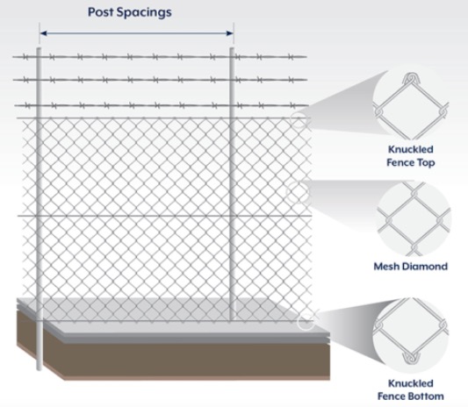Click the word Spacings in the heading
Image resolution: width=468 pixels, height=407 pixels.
pyautogui.click(x=144, y=13)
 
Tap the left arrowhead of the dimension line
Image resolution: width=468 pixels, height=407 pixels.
pyautogui.click(x=44, y=33)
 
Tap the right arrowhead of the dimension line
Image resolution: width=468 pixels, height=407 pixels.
pyautogui.click(x=229, y=33)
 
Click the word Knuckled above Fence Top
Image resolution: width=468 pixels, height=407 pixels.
pyautogui.click(x=410, y=149)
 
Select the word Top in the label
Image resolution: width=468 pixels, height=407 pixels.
pyautogui.click(x=424, y=163)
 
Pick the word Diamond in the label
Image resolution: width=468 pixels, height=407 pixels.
pyautogui.click(x=424, y=267)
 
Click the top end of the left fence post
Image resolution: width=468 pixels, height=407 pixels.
pyautogui.click(x=40, y=48)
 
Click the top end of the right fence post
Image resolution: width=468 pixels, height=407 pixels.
pyautogui.click(x=232, y=48)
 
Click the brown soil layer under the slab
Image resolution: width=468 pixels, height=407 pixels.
pyautogui.click(x=185, y=360)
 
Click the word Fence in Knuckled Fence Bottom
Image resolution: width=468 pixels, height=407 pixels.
pyautogui.click(x=392, y=396)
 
